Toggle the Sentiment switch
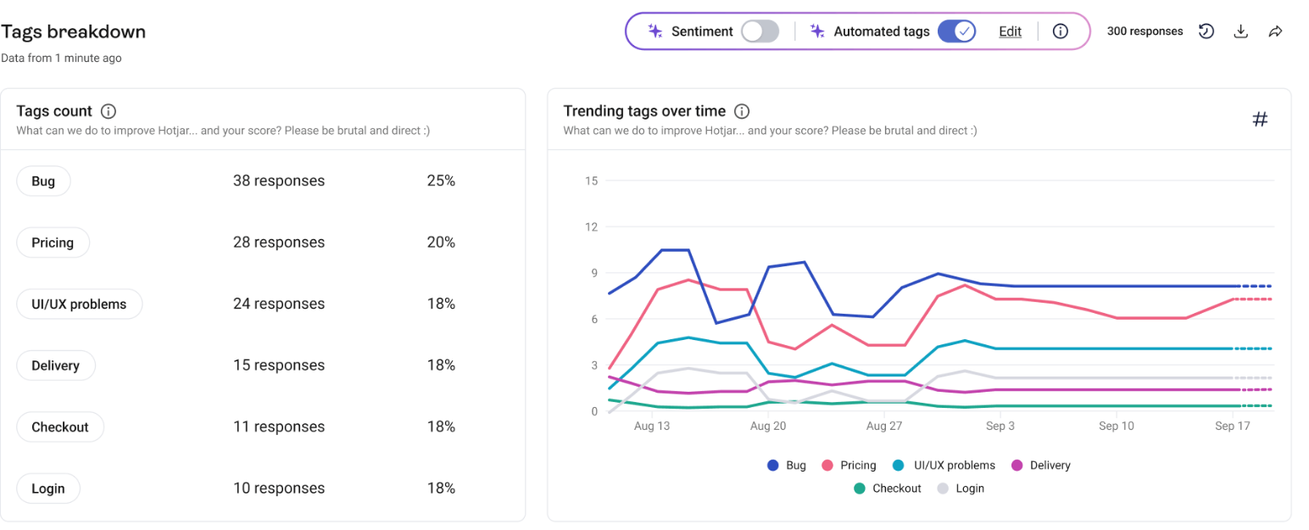pos(760,31)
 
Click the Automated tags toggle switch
pos(956,31)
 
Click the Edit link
pos(1010,31)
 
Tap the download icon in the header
pos(1240,31)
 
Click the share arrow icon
pos(1275,31)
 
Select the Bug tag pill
pos(43,181)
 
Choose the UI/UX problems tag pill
pos(79,304)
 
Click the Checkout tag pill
pos(60,427)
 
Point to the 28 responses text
pos(279,243)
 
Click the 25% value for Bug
pos(441,181)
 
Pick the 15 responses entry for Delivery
pos(279,365)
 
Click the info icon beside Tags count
pos(109,111)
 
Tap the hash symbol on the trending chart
pos(1260,120)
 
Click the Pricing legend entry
pos(850,466)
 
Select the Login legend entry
pos(961,488)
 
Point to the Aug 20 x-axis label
pos(768,427)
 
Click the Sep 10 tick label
pos(1117,427)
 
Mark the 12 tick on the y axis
pos(591,227)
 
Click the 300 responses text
pos(1145,31)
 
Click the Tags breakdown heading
pos(73,32)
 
